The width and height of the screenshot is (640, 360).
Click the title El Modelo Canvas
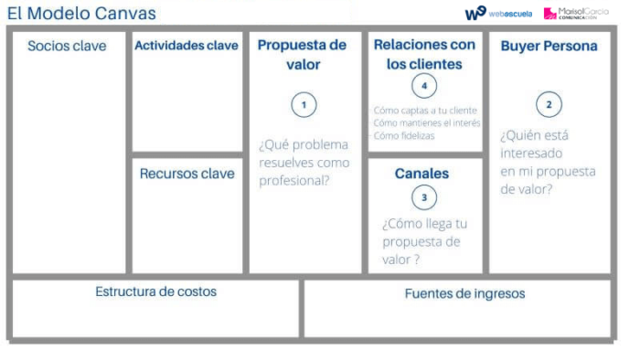pos(81,13)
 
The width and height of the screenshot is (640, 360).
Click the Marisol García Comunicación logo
pos(576,13)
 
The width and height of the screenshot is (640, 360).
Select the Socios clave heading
pos(67,46)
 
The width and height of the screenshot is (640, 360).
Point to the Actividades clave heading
pos(187,46)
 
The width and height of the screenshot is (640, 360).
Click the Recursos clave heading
pos(187,174)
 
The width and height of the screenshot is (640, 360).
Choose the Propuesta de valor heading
pos(303,55)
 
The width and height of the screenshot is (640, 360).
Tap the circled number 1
pos(304,104)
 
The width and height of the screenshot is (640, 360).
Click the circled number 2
pos(549,104)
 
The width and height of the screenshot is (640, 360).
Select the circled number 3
pos(424,196)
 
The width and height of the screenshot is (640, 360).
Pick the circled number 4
pos(424,86)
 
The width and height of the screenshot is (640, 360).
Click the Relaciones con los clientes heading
pos(424,55)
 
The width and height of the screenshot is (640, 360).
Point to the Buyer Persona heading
pos(549,46)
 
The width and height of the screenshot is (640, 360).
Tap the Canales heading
pos(422,173)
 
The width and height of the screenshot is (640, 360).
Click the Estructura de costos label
pos(155,291)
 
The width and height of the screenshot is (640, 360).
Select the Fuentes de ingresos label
pos(464,293)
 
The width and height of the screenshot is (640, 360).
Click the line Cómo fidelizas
pos(404,135)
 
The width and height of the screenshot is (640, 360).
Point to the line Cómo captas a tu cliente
pos(425,111)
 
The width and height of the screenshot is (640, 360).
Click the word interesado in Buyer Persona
pos(531,154)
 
